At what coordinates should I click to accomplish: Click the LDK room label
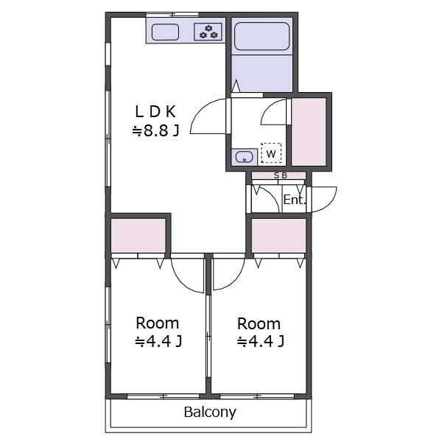[x=155, y=112]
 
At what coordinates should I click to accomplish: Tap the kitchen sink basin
[x=165, y=32]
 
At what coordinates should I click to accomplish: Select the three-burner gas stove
[x=208, y=32]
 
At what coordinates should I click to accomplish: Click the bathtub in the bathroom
[x=262, y=36]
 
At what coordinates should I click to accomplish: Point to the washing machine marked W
[x=271, y=153]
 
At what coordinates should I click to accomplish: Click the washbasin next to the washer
[x=244, y=157]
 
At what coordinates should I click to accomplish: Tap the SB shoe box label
[x=281, y=175]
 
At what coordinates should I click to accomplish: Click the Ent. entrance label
[x=294, y=200]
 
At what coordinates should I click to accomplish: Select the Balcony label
[x=210, y=412]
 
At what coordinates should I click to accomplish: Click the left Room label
[x=158, y=323]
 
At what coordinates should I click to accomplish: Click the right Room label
[x=259, y=323]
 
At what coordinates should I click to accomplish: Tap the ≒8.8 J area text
[x=156, y=130]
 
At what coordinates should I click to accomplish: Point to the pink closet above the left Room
[x=138, y=236]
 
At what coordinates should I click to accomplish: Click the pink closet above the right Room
[x=278, y=236]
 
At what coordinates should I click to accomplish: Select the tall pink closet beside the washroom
[x=309, y=132]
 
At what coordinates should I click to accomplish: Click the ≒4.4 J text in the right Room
[x=261, y=342]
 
